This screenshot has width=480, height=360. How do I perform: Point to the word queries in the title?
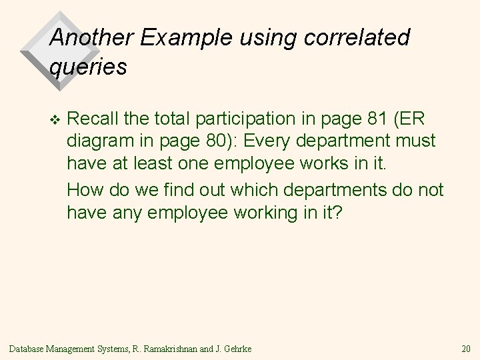click(87, 67)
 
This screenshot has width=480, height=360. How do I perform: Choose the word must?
click(417, 142)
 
